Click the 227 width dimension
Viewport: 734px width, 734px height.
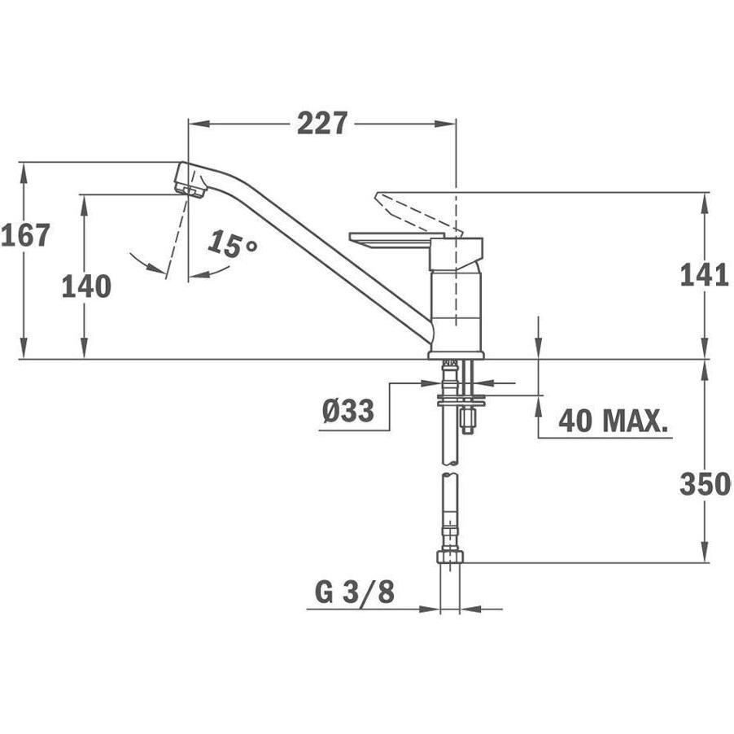(322, 123)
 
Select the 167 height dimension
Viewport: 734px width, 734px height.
(25, 235)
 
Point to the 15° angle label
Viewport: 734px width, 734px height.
(232, 244)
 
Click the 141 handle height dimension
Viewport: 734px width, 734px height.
(704, 275)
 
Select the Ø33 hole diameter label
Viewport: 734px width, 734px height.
(348, 410)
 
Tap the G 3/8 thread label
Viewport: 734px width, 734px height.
(355, 592)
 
